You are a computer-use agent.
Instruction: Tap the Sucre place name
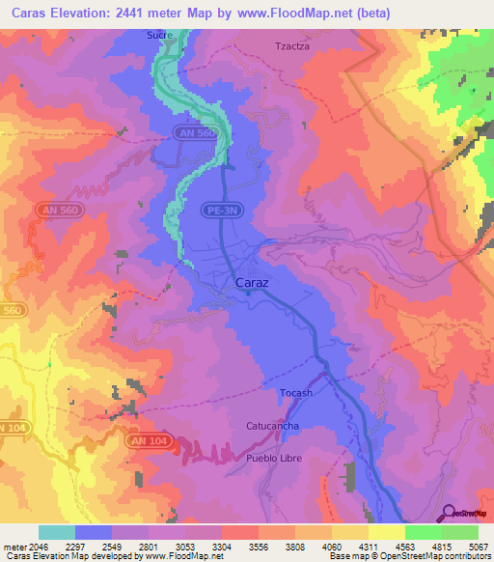point(160,35)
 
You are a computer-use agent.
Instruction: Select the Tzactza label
point(293,45)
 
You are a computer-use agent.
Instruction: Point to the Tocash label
point(296,393)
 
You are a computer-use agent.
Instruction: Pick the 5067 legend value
point(479,546)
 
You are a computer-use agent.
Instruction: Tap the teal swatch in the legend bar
point(57,532)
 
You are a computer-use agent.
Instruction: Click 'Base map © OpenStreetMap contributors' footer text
point(411,557)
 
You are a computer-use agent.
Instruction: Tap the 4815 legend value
point(442,546)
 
